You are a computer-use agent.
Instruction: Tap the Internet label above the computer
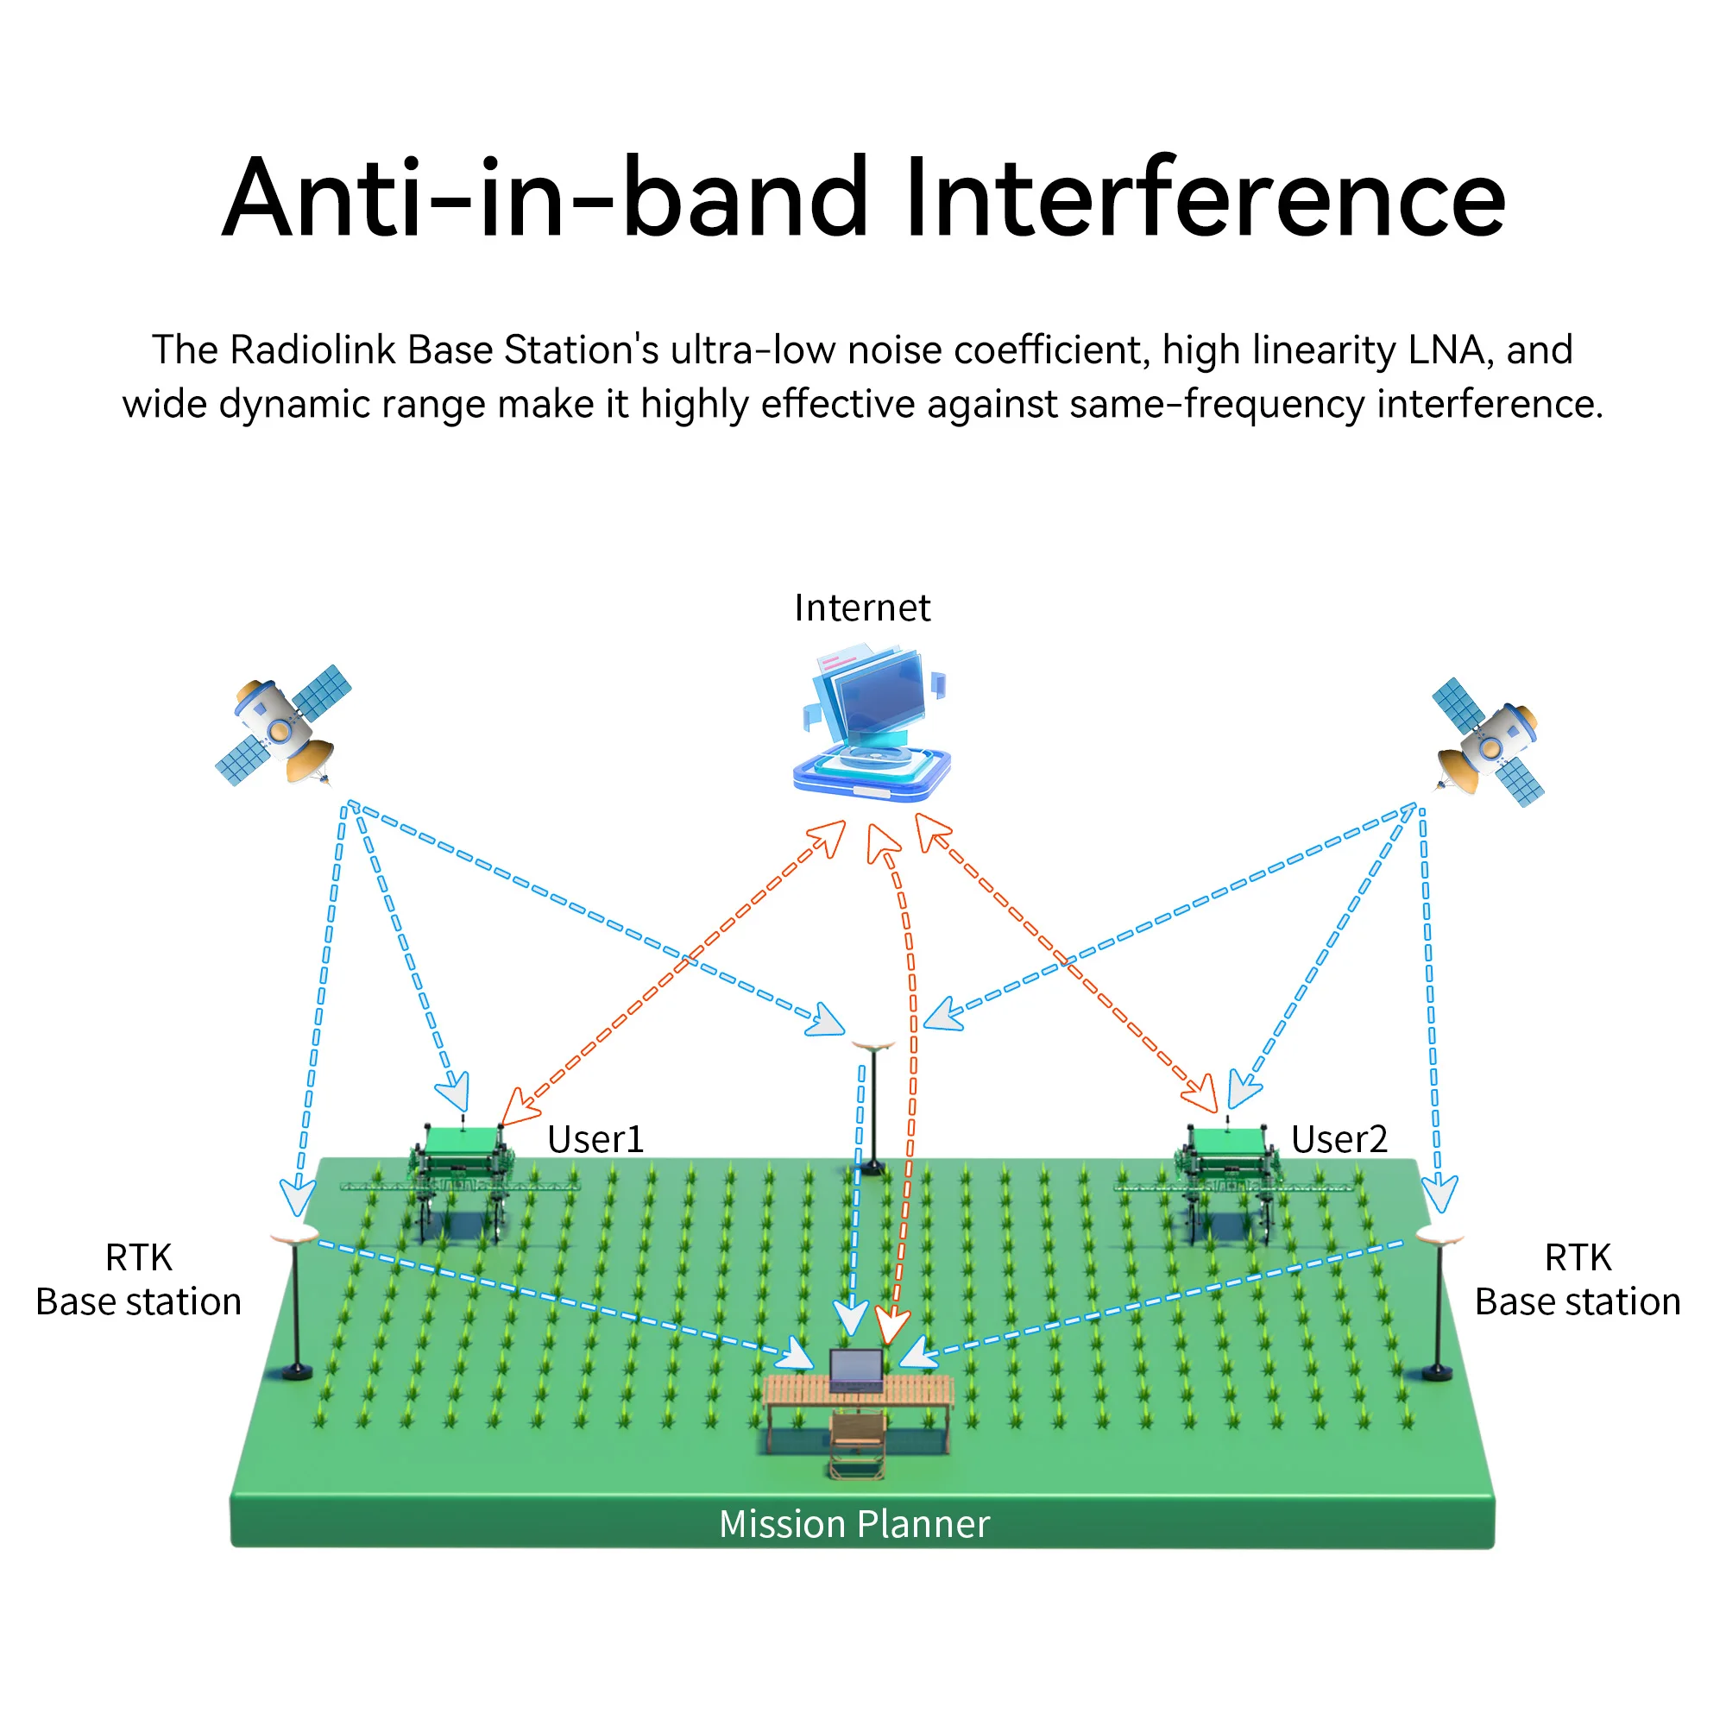click(862, 608)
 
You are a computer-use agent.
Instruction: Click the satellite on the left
click(283, 725)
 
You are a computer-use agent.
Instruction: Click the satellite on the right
click(1488, 740)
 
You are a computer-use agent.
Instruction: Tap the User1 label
click(595, 1139)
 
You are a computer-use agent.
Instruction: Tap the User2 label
click(1339, 1139)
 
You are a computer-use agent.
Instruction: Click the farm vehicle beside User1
click(461, 1176)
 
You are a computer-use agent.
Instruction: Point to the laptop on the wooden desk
click(856, 1370)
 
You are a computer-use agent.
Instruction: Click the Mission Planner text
click(855, 1524)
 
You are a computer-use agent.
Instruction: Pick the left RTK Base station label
click(138, 1279)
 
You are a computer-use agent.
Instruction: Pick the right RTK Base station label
click(1578, 1279)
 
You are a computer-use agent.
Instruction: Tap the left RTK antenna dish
click(294, 1236)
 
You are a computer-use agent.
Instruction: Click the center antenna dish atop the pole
click(872, 1043)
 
